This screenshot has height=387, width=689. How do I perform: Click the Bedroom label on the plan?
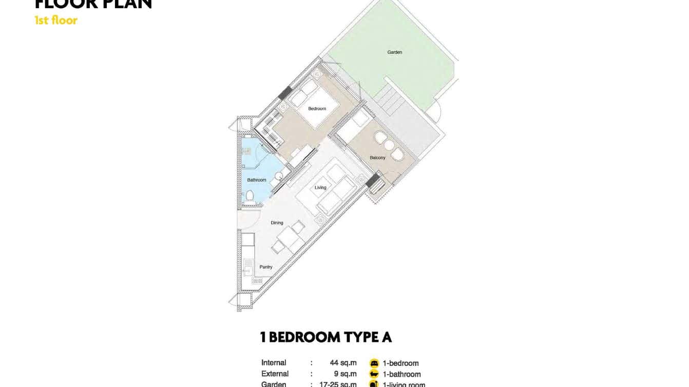pos(317,109)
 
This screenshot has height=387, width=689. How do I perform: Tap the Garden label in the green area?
pos(394,52)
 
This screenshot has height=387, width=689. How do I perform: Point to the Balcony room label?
pos(377,158)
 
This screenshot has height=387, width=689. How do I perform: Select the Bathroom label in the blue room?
pos(257,180)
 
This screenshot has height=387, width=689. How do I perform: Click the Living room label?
pos(320,188)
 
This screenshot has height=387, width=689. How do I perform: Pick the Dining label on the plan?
pos(277,223)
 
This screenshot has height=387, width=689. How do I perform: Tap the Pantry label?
pos(266,267)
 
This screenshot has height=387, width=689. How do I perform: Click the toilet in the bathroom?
pos(250,195)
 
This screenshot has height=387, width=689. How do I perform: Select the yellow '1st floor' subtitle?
pos(56,21)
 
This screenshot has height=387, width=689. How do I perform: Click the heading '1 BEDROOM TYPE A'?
pos(326,337)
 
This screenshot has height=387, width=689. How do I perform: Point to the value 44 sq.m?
pos(343,363)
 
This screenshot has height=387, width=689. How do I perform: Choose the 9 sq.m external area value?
pos(345,374)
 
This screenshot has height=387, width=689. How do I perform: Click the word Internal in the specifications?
pos(274,363)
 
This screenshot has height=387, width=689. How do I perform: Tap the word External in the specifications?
pos(275,374)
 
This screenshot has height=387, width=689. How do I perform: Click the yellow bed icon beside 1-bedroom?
pos(374,363)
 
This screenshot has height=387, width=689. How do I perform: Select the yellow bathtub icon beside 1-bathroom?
pos(374,374)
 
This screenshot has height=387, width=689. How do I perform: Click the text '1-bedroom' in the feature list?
pos(400,363)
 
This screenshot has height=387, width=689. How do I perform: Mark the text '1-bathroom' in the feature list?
pos(401,374)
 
